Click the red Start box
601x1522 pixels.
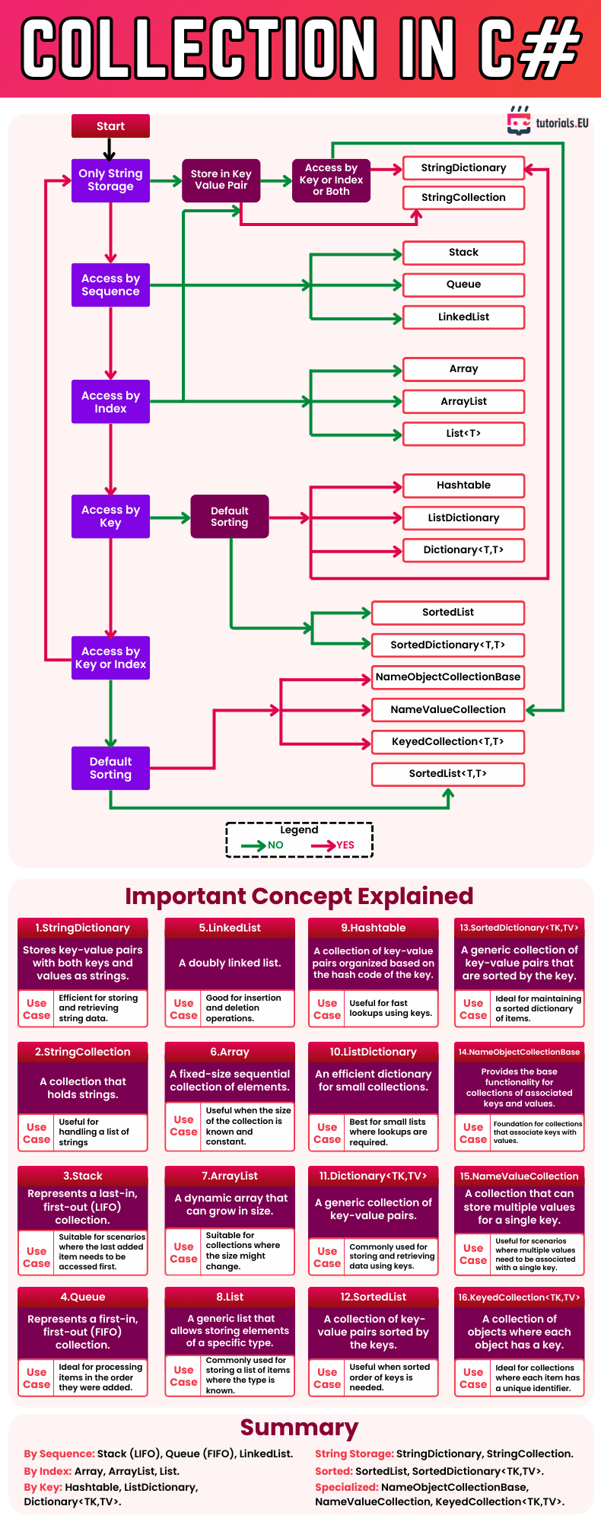[x=110, y=126]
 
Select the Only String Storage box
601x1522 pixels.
[x=110, y=180]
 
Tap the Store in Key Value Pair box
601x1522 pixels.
[x=221, y=180]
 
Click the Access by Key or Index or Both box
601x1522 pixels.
[x=331, y=180]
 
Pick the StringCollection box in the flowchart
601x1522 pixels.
[x=463, y=198]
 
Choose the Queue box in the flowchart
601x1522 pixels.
[x=463, y=285]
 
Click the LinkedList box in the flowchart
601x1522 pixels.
[x=463, y=317]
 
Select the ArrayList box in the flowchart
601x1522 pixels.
[x=463, y=402]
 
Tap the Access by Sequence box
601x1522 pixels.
[x=110, y=285]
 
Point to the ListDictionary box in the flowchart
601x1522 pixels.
[x=463, y=518]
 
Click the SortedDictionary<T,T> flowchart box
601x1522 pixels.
[x=447, y=645]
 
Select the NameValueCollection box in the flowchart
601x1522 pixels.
[x=447, y=710]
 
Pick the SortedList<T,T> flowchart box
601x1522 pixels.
[x=447, y=774]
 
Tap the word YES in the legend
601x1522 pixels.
[x=345, y=845]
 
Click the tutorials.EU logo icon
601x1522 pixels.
[x=519, y=122]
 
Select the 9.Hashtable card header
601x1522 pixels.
[x=373, y=928]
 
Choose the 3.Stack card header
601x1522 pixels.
[x=82, y=1177]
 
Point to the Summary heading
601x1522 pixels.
[x=299, y=1428]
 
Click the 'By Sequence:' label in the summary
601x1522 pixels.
[x=59, y=1454]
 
